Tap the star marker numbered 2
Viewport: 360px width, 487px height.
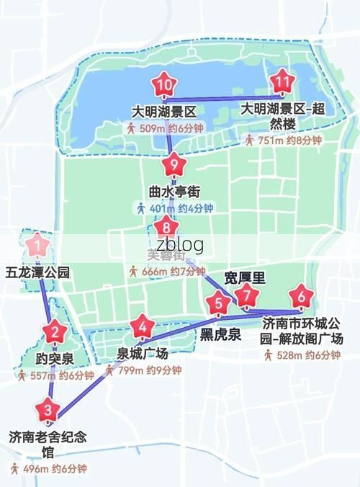(x=55, y=332)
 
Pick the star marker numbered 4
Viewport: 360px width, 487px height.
(x=144, y=327)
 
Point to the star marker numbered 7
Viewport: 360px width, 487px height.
(x=247, y=295)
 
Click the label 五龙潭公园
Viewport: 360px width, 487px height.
(x=37, y=273)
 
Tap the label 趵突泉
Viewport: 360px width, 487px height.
(x=55, y=358)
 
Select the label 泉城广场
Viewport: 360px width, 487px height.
(x=143, y=354)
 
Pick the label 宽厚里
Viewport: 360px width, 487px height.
(x=240, y=277)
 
